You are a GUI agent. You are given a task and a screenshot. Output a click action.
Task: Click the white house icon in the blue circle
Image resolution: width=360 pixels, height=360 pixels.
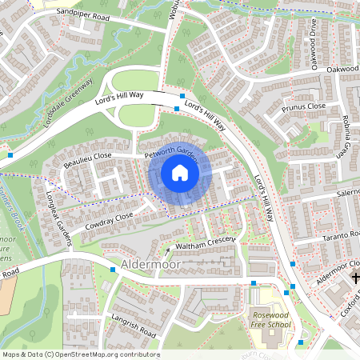tap(179, 173)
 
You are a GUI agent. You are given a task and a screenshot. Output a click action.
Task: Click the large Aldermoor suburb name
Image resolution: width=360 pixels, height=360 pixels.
tap(147, 262)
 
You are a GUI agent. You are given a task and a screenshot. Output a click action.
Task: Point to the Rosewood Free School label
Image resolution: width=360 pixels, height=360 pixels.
tap(269, 321)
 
